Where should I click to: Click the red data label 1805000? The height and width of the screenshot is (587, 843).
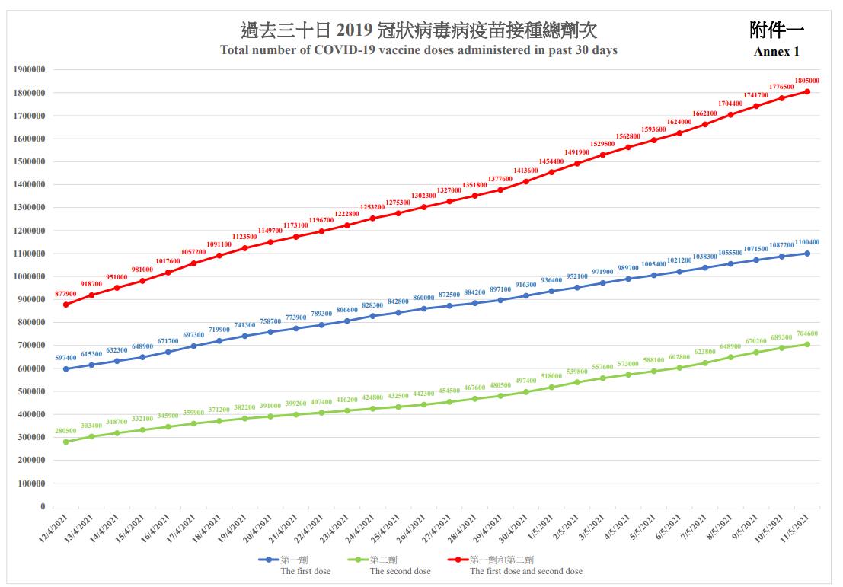coord(806,80)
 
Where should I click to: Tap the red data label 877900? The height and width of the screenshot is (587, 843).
coord(66,293)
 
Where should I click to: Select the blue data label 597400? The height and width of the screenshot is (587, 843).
coord(66,357)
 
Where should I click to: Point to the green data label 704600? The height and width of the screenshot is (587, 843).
coord(806,333)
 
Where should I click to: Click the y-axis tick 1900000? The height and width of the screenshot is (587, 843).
coord(30,70)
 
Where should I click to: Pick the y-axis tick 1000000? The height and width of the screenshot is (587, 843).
coord(30,276)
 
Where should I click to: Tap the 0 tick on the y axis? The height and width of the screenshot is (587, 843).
coord(43,506)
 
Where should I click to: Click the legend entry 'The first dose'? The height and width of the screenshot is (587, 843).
coord(305,570)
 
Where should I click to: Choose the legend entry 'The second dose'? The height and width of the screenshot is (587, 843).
coord(400,570)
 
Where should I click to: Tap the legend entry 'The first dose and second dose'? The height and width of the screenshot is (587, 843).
coord(525,570)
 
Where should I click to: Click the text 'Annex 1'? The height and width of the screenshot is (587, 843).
coord(776,52)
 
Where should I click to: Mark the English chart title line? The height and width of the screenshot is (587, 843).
coord(419,50)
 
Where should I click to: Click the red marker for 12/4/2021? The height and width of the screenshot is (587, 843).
coord(66,305)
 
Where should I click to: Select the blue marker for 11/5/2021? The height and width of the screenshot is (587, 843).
coord(806,254)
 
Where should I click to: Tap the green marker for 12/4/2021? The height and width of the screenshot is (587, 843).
coord(66,442)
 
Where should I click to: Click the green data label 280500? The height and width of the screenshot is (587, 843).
coord(66,431)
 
